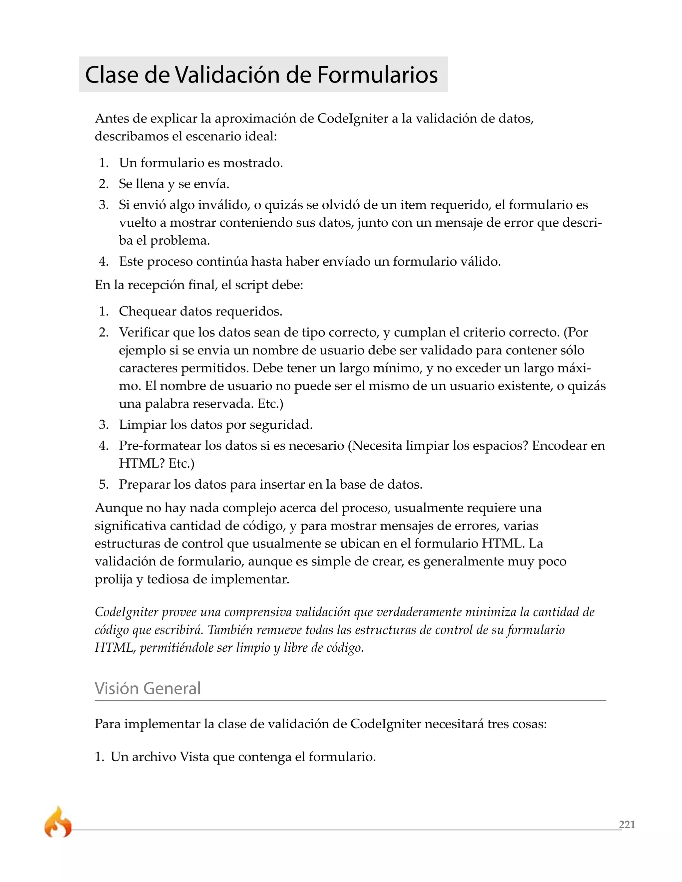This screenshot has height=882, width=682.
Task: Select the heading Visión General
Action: pos(148,688)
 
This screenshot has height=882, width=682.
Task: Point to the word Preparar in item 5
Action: pos(144,484)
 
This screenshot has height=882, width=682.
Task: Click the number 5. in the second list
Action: pos(104,484)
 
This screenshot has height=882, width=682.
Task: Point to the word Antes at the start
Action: pos(112,119)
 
